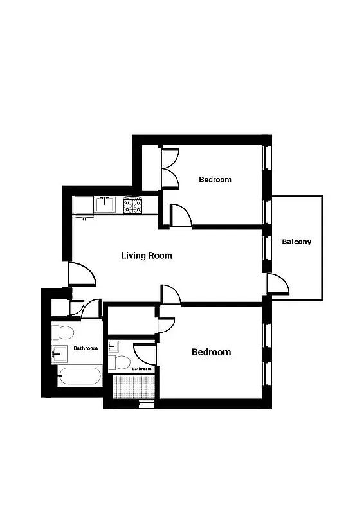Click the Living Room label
pos(147,255)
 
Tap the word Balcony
pos(296,242)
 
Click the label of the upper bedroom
pos(215,180)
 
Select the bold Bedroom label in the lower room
pos(212,352)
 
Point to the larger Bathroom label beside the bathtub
pos(86,348)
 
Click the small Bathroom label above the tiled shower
pos(141,369)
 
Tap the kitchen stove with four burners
pos(133,206)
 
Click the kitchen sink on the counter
pos(105,205)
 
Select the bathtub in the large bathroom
pos(79,377)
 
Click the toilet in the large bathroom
pos(64,333)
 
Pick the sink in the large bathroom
pos(60,353)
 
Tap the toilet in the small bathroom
pos(119,363)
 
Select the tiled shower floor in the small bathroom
pos(134,387)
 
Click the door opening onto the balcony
pos(275,283)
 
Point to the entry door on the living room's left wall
pos(82,275)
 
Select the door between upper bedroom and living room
pos(180,216)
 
